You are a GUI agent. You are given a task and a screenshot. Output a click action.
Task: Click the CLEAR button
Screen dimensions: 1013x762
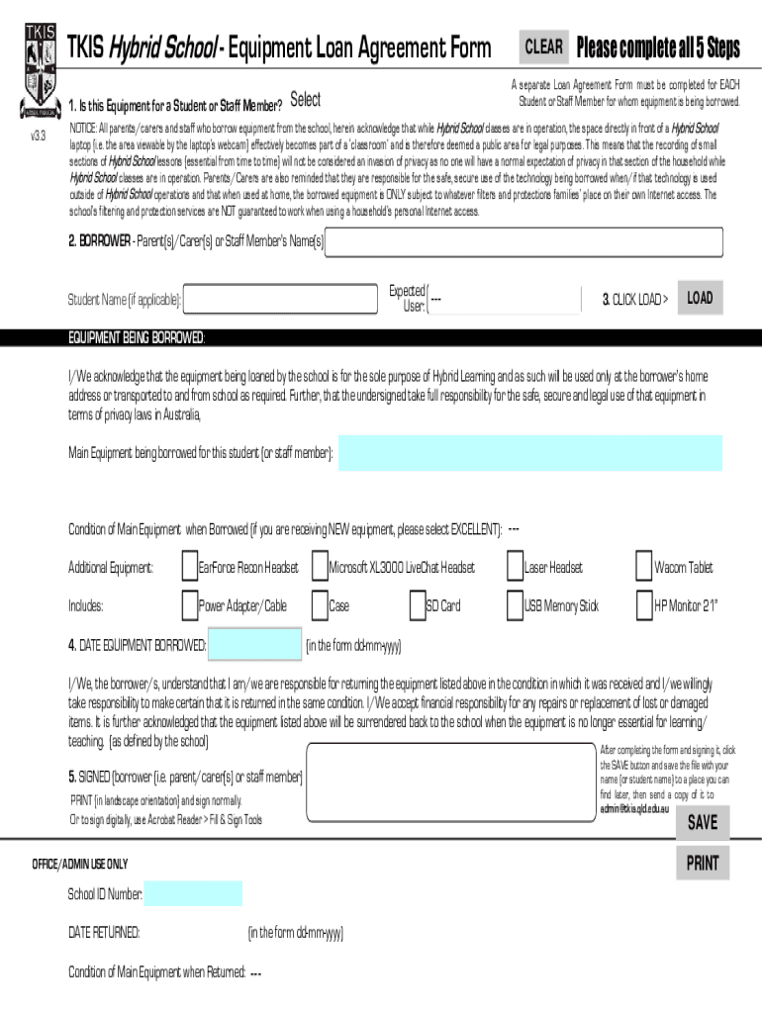[543, 46]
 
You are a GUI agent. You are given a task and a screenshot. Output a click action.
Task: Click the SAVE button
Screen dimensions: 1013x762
[703, 822]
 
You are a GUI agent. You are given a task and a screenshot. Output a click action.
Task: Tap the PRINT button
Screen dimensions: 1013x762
[703, 864]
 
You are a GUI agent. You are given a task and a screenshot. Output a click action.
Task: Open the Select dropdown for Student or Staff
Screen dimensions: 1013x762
[306, 99]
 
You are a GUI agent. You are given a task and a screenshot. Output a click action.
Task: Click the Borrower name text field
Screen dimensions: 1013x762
[524, 242]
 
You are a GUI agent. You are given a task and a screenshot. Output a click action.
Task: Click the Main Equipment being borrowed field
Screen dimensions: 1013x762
[530, 453]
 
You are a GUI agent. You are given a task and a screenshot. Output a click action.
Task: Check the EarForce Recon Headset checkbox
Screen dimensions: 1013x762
[190, 567]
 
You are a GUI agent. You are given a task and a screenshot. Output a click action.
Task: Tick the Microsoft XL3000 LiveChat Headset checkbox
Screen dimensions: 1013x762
[321, 567]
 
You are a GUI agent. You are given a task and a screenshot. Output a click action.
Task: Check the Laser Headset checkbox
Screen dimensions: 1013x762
[516, 567]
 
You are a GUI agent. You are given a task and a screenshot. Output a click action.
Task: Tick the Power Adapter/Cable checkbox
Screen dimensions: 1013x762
[190, 604]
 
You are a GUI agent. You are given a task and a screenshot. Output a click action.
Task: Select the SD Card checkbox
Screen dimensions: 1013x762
[418, 604]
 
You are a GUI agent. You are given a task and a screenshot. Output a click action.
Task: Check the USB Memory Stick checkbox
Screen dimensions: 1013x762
[516, 604]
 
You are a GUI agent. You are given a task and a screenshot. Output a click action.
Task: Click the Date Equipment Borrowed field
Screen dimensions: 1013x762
[255, 646]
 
